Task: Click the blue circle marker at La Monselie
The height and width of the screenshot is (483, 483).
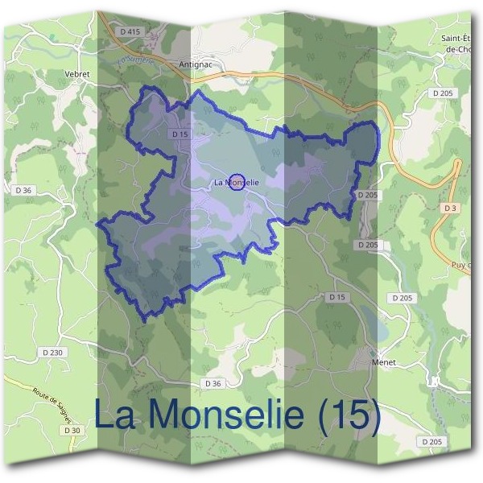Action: (237, 183)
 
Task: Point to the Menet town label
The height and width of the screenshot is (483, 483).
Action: (382, 362)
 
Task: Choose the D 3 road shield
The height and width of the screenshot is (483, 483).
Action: (451, 209)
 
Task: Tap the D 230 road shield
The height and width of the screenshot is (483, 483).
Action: (50, 353)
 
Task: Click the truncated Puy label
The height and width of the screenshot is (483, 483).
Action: (460, 264)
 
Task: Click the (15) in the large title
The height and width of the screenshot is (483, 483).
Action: (348, 415)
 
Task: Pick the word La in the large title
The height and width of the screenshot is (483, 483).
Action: (118, 415)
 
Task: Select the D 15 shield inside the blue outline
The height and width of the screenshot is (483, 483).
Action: (180, 134)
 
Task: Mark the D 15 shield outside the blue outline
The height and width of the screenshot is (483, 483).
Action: (336, 298)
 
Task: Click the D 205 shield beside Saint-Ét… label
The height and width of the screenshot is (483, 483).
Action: (443, 93)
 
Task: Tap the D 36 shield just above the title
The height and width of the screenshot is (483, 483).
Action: (213, 384)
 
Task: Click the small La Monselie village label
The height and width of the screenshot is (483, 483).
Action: (237, 183)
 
